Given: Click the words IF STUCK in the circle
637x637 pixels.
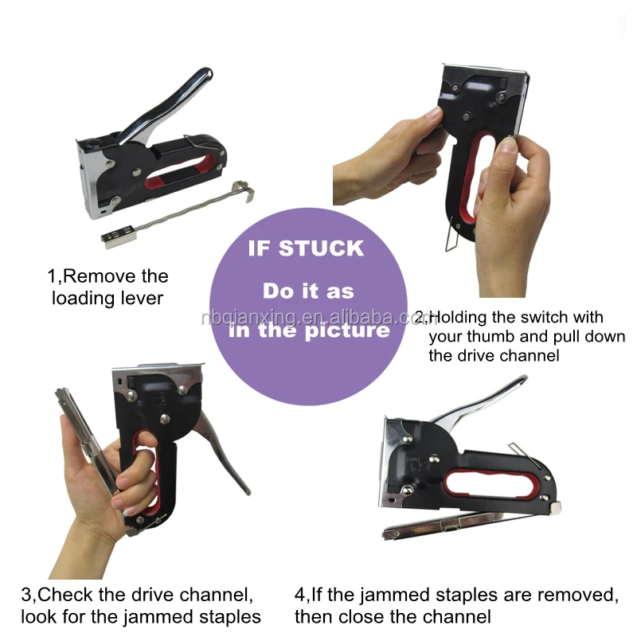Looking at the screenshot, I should coord(306,248).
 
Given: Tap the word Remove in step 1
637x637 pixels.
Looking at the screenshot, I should coord(115,277).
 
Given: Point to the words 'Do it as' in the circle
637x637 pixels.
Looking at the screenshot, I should coord(308,290).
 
